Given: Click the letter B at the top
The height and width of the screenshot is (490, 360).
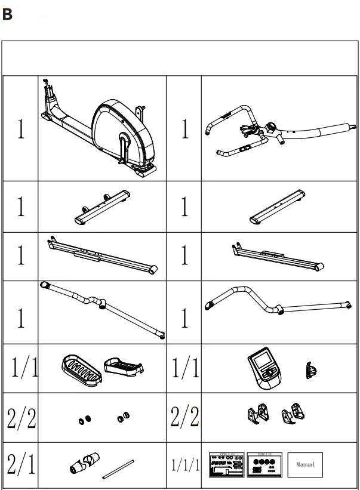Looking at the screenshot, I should (7, 14).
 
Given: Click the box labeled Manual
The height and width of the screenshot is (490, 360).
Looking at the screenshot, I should (306, 463).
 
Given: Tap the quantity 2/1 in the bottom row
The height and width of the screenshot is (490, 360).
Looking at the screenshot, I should (21, 463).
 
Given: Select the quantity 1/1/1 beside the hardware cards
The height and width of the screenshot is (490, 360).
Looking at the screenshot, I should (185, 464).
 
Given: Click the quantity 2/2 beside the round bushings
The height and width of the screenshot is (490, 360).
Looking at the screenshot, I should (21, 418).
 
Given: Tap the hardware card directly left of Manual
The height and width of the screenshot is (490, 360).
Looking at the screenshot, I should (263, 464).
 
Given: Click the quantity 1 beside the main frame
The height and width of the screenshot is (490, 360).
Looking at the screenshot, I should (21, 130).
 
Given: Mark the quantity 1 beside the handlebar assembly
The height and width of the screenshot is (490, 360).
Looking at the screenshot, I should (184, 130).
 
